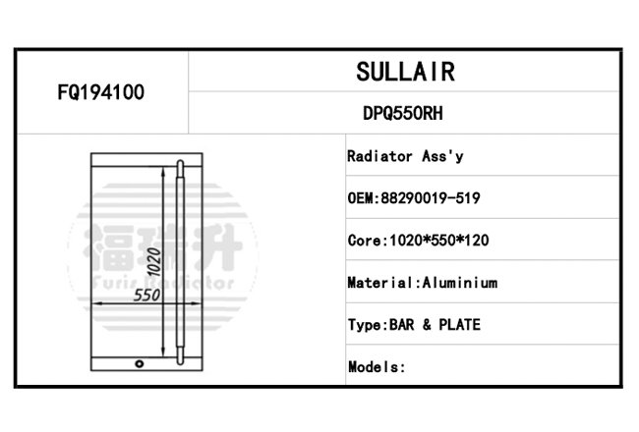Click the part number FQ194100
(x=100, y=92)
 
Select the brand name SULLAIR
(x=405, y=72)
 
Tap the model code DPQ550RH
(x=403, y=113)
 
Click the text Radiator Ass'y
(x=405, y=156)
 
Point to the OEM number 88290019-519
(x=431, y=198)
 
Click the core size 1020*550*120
(x=439, y=241)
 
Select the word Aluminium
(x=460, y=283)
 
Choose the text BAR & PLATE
(x=435, y=325)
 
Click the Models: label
(x=377, y=367)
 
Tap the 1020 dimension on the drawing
(x=154, y=262)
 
